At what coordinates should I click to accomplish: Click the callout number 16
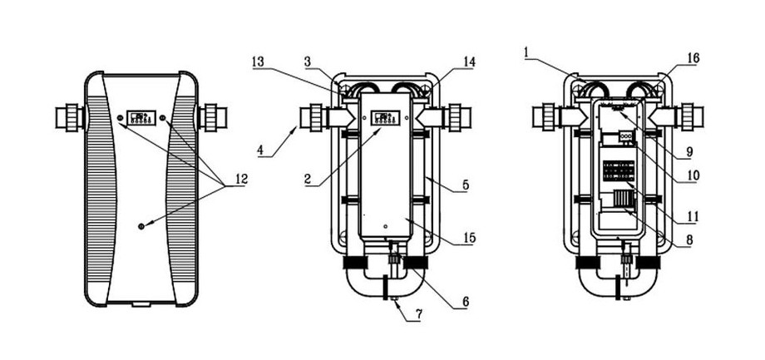(693, 57)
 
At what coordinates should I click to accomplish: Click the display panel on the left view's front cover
(141, 117)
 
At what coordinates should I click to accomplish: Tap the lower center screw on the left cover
(141, 225)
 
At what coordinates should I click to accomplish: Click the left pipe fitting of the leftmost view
(69, 118)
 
